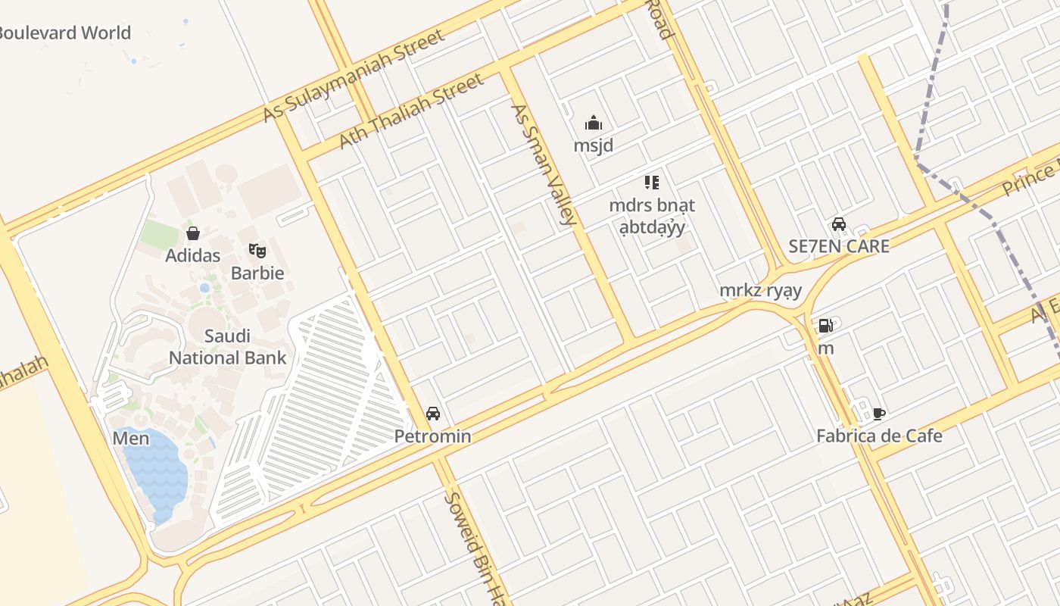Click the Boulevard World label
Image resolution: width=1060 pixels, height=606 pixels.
click(66, 33)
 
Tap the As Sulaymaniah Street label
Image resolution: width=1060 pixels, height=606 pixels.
click(353, 77)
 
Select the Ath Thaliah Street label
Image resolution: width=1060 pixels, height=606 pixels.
click(410, 111)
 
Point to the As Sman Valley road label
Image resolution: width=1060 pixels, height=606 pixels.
click(544, 164)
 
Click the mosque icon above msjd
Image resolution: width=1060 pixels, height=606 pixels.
click(594, 123)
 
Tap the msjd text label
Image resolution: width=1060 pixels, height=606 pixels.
click(594, 145)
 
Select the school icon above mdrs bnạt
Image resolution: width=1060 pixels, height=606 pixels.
click(652, 182)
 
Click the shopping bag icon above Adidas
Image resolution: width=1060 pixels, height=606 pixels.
click(193, 233)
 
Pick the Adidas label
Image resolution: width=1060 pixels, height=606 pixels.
click(193, 255)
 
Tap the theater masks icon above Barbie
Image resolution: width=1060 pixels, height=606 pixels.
click(257, 250)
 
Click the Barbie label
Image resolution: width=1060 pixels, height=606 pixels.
click(257, 273)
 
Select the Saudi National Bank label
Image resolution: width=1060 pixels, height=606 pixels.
click(227, 347)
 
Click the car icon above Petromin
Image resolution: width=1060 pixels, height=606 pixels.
click(433, 414)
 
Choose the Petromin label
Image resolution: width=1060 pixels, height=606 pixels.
click(433, 436)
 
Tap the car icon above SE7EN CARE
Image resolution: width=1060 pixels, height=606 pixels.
click(839, 224)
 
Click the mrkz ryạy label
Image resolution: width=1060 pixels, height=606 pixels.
click(760, 290)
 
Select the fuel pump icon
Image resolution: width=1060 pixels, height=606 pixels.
click(825, 326)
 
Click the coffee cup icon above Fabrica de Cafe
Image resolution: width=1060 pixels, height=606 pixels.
click(879, 414)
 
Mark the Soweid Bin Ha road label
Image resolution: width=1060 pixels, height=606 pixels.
click(473, 545)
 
